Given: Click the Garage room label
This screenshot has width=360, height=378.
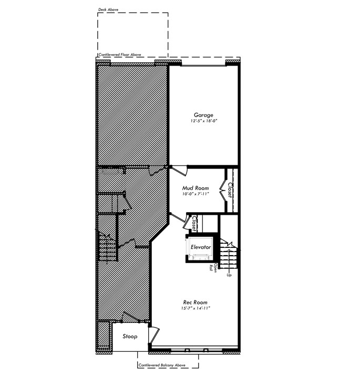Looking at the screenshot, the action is (203, 115).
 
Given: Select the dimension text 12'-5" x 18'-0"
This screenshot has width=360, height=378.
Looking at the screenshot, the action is (204, 121).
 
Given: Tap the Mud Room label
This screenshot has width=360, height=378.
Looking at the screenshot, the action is (196, 188).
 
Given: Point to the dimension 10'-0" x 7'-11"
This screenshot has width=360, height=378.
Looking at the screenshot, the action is (196, 194).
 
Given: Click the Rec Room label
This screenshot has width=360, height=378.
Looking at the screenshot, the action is (195, 302).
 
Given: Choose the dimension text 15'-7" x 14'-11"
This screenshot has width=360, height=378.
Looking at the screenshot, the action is (196, 308).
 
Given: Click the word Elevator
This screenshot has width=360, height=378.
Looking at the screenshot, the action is (201, 247).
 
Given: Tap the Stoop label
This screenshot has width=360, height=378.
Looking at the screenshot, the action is (130, 337).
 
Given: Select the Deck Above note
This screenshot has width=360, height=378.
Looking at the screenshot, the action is (108, 9).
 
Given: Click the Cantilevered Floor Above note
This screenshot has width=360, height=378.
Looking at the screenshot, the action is (120, 55).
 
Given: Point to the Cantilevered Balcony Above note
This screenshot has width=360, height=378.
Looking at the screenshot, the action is (162, 365).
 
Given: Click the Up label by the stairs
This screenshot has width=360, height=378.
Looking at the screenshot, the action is (229, 275).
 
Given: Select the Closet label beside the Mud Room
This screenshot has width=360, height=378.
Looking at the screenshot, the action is (230, 190).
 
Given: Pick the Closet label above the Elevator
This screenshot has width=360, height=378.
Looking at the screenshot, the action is (194, 223).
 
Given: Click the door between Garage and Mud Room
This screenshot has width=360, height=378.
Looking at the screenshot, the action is (179, 170).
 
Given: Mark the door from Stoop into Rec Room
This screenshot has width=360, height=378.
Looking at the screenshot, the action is (154, 334).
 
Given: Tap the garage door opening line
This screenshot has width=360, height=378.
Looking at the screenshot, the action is (203, 65).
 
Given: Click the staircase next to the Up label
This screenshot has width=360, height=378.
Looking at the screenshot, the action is (228, 256).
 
